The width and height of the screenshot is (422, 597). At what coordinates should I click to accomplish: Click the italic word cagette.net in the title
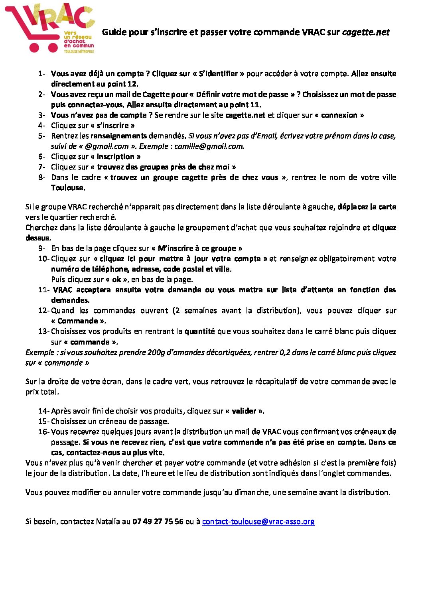point(365,32)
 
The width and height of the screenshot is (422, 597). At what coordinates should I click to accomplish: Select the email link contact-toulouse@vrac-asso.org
point(258,521)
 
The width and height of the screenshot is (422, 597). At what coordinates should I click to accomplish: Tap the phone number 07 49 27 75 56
point(158,521)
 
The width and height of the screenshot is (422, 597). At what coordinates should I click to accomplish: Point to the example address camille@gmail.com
point(208,146)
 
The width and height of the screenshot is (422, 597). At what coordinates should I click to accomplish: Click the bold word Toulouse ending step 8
point(67,188)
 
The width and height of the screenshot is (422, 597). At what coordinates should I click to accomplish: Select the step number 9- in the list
point(42,248)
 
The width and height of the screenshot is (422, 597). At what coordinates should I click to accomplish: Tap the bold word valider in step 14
point(245,411)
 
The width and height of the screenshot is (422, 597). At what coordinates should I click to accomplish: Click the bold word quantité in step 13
point(199,331)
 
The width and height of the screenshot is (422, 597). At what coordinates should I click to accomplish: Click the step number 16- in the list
point(44,432)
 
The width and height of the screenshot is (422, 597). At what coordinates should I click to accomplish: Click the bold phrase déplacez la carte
point(367,207)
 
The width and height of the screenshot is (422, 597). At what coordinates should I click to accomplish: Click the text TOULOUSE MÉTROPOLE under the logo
point(79,51)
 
